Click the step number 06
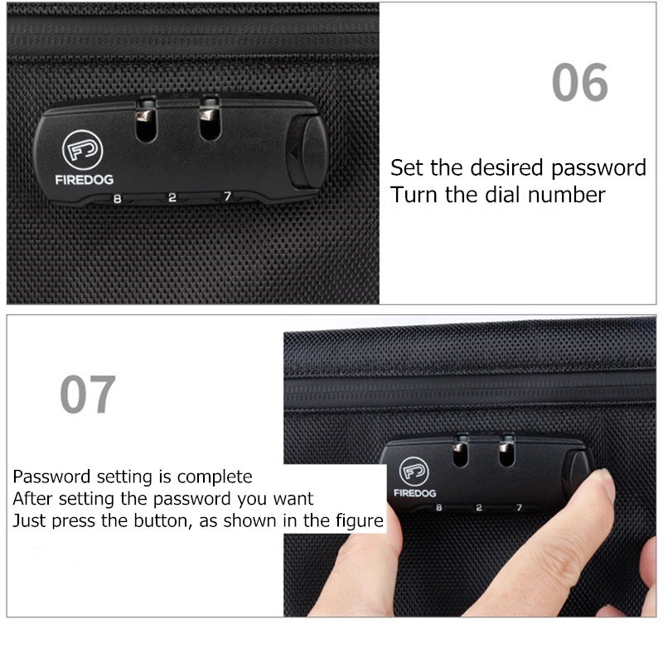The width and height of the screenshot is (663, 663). tap(580, 83)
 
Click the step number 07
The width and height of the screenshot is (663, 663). tap(87, 395)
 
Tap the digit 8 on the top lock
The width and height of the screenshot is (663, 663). tap(117, 198)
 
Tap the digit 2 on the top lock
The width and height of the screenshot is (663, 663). tap(172, 198)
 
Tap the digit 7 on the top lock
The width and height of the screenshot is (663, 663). tap(226, 197)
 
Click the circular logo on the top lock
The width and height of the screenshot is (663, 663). tap(81, 150)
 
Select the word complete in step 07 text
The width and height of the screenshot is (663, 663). tap(213, 477)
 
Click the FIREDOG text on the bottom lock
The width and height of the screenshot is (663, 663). tap(414, 492)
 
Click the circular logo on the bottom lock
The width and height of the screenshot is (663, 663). tap(413, 472)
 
